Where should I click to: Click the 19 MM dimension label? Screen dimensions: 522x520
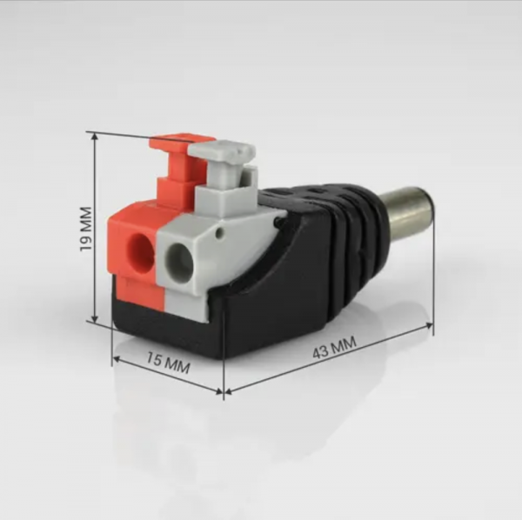(x=86, y=230)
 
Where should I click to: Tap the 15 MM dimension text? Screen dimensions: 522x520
(x=169, y=363)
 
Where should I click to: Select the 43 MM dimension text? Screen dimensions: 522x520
(x=334, y=347)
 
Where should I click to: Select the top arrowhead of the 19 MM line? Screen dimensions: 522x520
(x=95, y=137)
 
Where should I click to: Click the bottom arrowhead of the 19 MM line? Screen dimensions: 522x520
(x=95, y=318)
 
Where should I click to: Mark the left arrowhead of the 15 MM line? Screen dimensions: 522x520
(x=117, y=359)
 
